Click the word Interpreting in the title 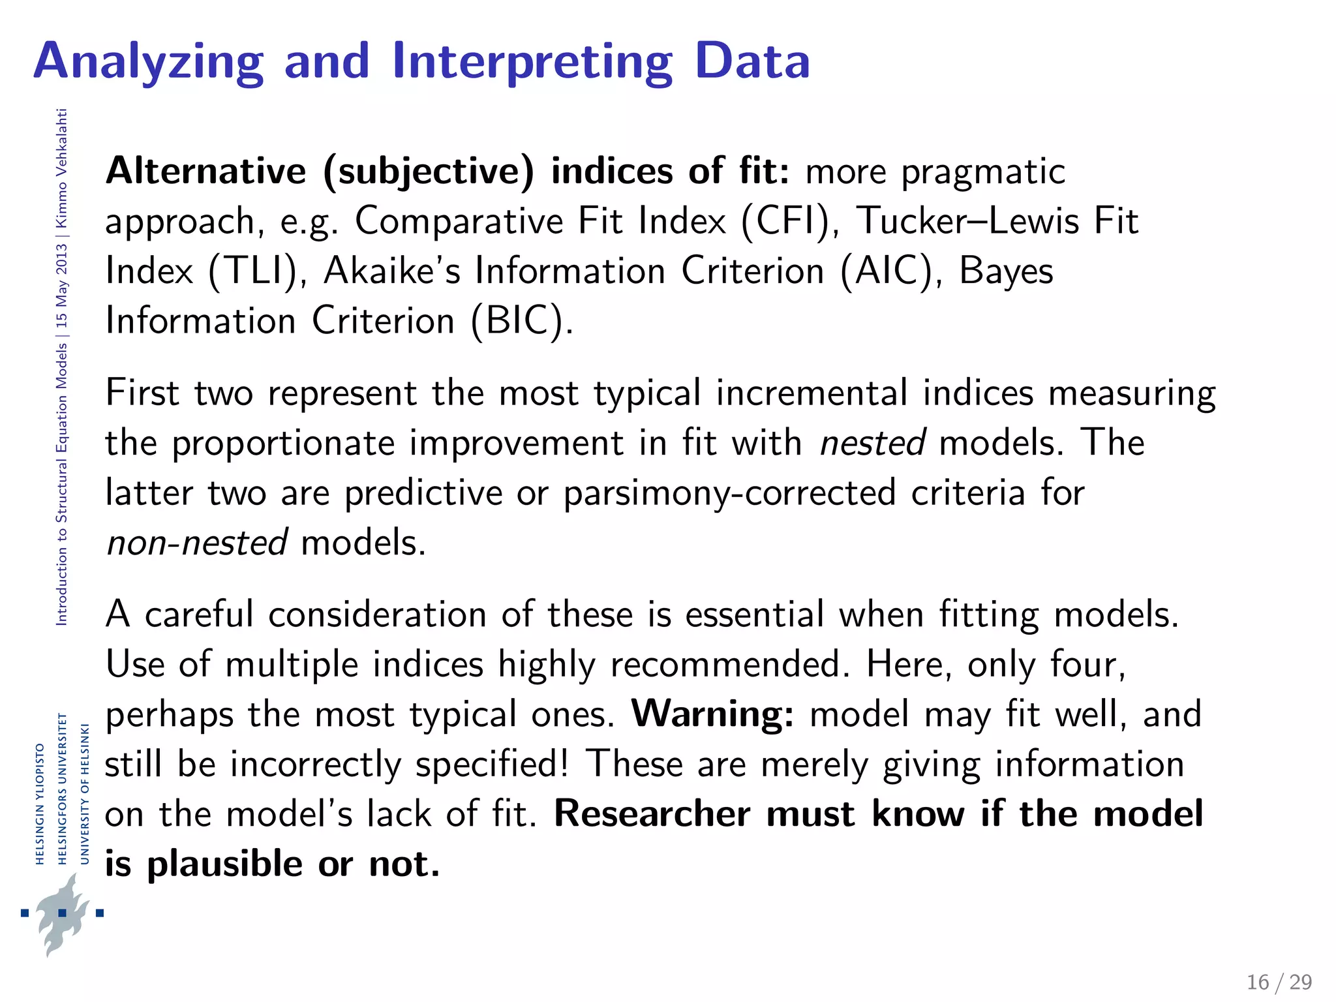[532, 62]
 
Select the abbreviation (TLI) [251, 271]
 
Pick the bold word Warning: [712, 714]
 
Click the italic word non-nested [196, 543]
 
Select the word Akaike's [392, 271]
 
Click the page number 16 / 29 [1279, 982]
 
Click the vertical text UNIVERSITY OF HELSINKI [84, 794]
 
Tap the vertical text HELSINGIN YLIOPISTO [40, 804]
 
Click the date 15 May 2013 [61, 286]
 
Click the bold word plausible [224, 864]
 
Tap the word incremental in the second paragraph [812, 393]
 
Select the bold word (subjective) [428, 171]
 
